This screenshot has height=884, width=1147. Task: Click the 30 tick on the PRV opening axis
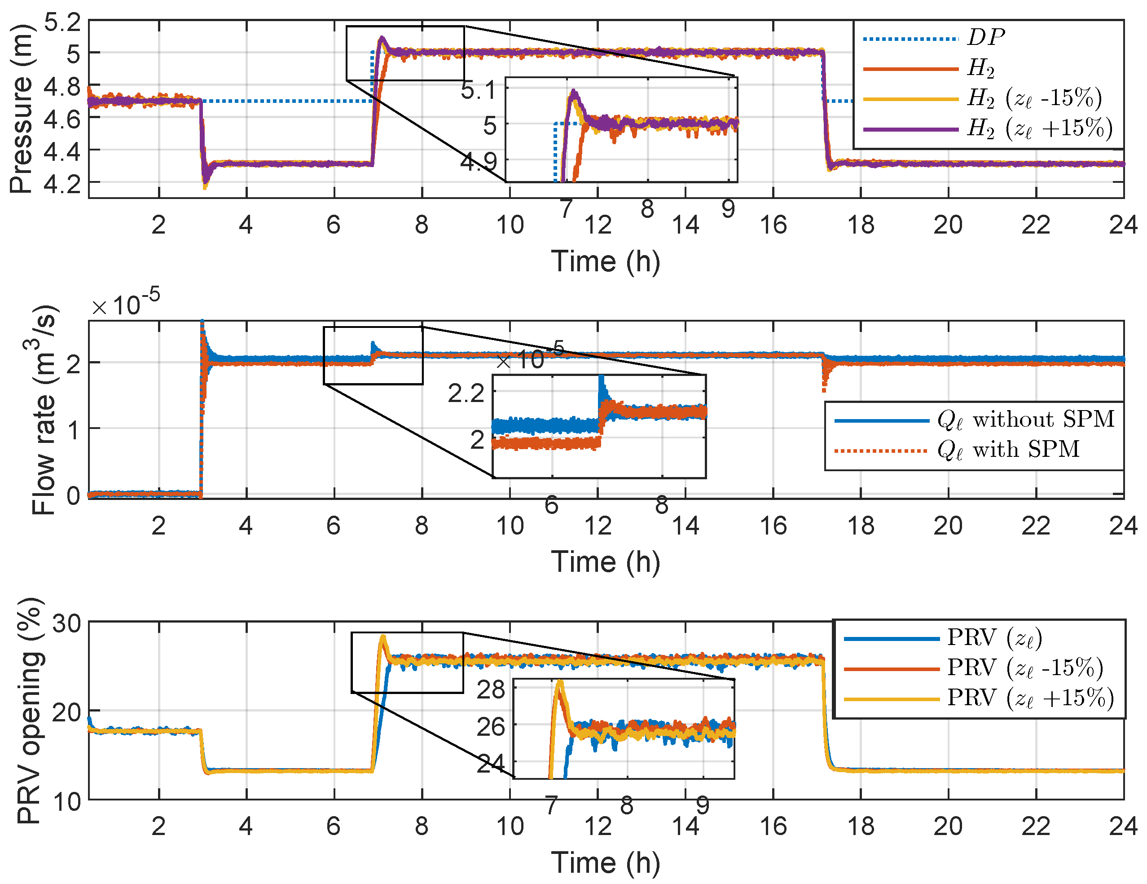pos(67,624)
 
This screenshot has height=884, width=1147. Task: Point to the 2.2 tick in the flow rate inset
pos(466,393)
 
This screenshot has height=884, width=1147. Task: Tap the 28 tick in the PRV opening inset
pos(491,690)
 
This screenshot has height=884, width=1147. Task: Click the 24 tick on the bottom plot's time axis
pos(1123,826)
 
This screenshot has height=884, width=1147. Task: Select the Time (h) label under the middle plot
pos(606,562)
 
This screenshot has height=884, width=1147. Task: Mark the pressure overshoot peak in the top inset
pos(573,92)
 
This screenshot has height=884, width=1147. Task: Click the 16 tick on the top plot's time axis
pos(773,225)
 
